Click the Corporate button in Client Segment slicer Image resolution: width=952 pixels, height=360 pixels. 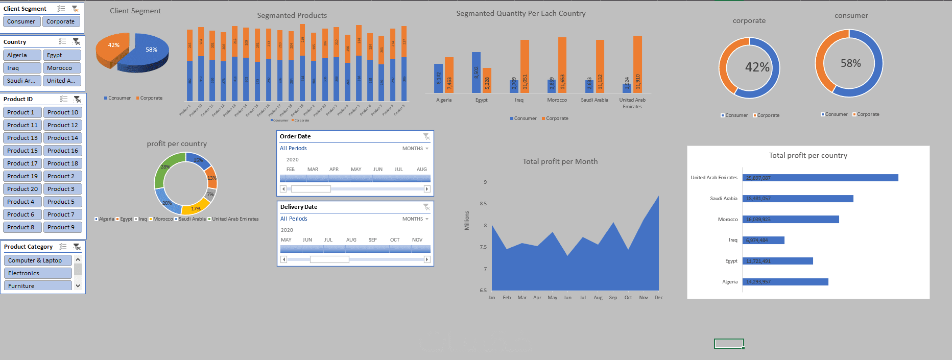coord(61,21)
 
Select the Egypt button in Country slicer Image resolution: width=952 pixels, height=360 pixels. coord(63,55)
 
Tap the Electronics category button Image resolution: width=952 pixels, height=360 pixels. coord(38,273)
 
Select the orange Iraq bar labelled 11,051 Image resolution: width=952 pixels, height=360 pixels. coord(525,66)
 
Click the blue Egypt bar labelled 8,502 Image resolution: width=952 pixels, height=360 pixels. coord(476,72)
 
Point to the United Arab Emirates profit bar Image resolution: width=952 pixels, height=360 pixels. coord(820,178)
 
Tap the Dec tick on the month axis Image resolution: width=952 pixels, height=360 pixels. coord(659,298)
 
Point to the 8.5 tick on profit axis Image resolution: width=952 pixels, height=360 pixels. coord(483,204)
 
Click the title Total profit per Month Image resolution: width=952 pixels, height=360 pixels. coord(560,161)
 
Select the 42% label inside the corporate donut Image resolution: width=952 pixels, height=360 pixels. coord(757,67)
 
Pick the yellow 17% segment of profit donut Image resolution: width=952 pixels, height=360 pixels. coord(196,206)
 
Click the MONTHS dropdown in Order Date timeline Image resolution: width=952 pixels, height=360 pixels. coord(415,149)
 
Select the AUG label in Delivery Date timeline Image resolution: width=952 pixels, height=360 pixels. coord(351,240)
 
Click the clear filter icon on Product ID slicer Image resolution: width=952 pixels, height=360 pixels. coord(77,99)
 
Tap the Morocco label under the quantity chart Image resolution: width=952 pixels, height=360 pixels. coord(557,100)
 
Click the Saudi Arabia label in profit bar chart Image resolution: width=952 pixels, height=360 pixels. coord(723,199)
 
